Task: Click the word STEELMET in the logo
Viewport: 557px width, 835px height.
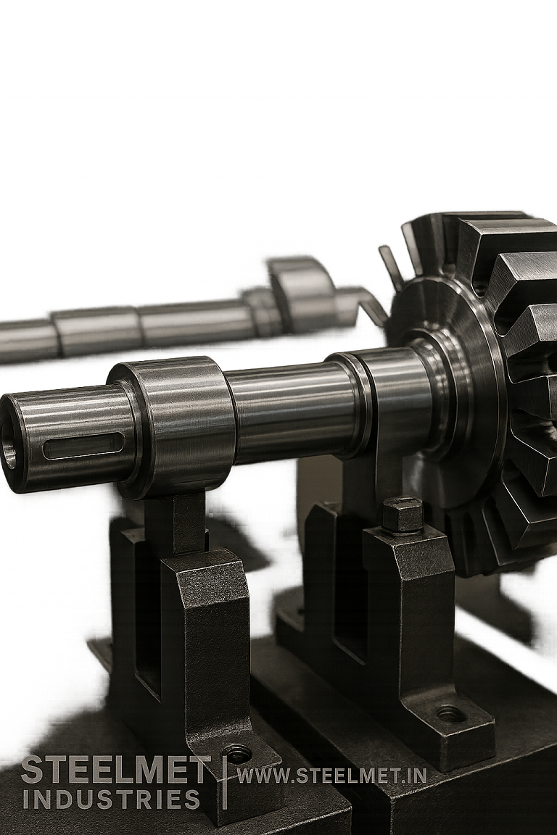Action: [x=115, y=770]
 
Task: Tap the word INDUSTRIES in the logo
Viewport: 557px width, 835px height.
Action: [x=111, y=799]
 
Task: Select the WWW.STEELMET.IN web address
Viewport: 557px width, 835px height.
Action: [x=331, y=776]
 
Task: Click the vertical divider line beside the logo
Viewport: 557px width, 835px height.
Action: [x=225, y=783]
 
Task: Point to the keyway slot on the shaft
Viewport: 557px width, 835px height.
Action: [x=83, y=445]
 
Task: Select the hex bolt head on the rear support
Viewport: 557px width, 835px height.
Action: [x=403, y=515]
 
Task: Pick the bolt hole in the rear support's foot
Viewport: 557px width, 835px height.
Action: [x=450, y=714]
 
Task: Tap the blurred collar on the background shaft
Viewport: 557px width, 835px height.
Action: [x=301, y=294]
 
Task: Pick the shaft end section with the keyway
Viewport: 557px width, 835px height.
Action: [x=69, y=439]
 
